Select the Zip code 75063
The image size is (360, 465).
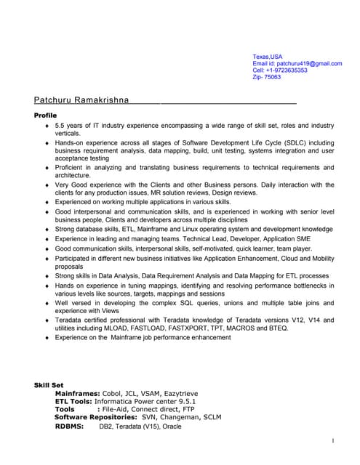pyautogui.click(x=272, y=77)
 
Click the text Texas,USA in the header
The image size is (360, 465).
pyautogui.click(x=267, y=57)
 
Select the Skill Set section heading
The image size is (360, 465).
pyautogui.click(x=49, y=384)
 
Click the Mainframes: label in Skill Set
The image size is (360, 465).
pyautogui.click(x=79, y=392)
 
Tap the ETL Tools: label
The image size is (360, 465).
pyautogui.click(x=79, y=400)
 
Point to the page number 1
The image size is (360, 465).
pyautogui.click(x=332, y=440)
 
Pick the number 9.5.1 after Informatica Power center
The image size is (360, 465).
pyautogui.click(x=184, y=400)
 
